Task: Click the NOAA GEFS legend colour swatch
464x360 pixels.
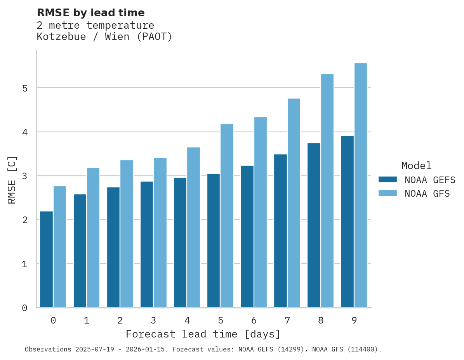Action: tap(388, 180)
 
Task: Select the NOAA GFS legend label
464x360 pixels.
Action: tap(427, 194)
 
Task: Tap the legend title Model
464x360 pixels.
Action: tap(417, 166)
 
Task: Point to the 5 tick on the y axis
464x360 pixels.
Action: tap(25, 88)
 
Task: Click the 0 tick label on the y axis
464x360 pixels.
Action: tap(25, 308)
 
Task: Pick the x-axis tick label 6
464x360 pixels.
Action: tap(254, 320)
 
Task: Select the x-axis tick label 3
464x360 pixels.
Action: tap(154, 320)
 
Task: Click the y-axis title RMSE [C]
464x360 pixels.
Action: tap(12, 180)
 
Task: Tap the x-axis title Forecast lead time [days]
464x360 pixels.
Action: tap(203, 334)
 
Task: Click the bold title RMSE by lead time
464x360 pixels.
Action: tap(91, 13)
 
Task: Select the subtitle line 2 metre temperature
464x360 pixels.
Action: tap(96, 25)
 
